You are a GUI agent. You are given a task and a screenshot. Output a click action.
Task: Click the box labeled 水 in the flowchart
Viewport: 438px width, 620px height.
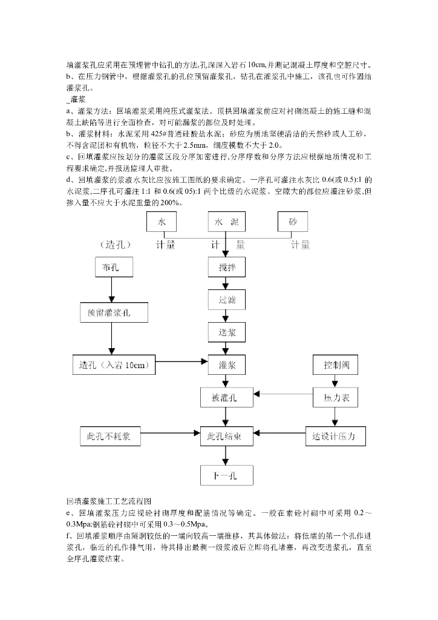tap(161, 222)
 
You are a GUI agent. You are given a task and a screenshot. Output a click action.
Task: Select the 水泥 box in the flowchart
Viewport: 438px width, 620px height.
tap(227, 222)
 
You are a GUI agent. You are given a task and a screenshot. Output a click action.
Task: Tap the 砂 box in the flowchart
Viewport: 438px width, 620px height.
tap(293, 222)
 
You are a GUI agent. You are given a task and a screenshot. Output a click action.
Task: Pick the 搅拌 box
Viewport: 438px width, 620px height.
tap(227, 267)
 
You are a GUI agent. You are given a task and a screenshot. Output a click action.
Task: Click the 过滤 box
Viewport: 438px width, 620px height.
tap(227, 300)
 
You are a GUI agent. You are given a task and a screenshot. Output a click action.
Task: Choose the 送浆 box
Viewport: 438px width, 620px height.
tap(227, 332)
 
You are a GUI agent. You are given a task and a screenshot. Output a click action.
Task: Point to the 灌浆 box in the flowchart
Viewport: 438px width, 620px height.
tap(227, 364)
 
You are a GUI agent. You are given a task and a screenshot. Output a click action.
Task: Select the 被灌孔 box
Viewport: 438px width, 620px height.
tap(227, 397)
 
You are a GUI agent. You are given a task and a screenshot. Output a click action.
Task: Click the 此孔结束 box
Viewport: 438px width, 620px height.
tap(227, 436)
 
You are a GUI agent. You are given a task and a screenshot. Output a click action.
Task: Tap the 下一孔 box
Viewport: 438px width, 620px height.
tap(227, 475)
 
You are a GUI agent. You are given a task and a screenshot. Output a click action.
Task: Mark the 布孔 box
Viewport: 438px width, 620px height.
tap(114, 267)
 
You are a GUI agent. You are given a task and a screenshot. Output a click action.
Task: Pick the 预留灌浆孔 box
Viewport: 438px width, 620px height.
tap(114, 312)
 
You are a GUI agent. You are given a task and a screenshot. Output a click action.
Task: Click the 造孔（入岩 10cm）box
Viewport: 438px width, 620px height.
tap(114, 364)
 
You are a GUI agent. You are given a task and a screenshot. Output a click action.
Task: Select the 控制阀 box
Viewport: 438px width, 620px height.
tap(336, 364)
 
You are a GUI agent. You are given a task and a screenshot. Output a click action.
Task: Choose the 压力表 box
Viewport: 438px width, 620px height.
tap(336, 397)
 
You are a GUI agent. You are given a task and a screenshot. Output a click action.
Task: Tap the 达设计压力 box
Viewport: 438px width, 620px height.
tap(336, 436)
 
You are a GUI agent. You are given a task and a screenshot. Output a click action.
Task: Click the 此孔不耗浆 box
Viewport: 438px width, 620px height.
tap(111, 436)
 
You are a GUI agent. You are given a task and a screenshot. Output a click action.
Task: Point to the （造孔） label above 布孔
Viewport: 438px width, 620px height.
tap(115, 245)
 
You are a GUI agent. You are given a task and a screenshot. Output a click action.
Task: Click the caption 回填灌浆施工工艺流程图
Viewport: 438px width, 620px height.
tap(109, 501)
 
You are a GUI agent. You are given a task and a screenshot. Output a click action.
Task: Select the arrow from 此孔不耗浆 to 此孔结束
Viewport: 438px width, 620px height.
tap(171, 433)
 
